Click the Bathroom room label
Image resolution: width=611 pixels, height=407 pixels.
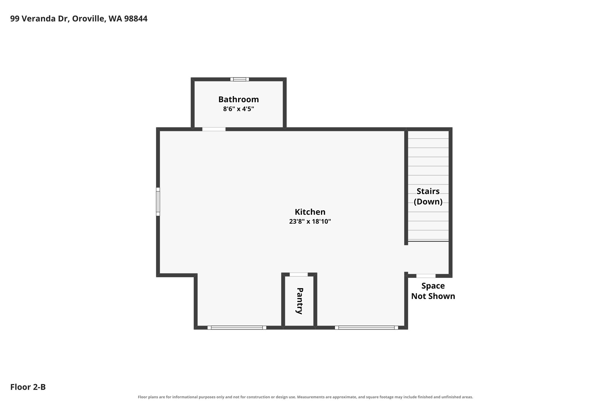tap(239, 99)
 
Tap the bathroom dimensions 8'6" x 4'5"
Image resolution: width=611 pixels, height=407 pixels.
tap(239, 109)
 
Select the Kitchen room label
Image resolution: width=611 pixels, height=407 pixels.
tap(310, 212)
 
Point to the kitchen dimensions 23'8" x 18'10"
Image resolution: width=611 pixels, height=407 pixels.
tap(310, 222)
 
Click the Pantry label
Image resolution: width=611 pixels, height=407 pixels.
tap(300, 301)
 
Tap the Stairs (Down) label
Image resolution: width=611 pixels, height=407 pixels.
tap(428, 196)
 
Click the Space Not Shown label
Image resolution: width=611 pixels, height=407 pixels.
tap(433, 291)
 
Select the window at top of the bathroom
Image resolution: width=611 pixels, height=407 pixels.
tap(240, 79)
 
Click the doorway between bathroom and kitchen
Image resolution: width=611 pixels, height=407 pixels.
tap(214, 129)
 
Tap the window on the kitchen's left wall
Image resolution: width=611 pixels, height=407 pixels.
tap(158, 202)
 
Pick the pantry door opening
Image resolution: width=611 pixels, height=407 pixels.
tap(299, 275)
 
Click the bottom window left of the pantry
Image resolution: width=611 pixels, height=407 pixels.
tap(237, 327)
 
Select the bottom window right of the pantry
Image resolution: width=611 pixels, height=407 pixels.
tap(366, 327)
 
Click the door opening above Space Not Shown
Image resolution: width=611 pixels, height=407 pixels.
tap(426, 276)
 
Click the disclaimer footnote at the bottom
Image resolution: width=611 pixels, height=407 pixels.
tap(305, 397)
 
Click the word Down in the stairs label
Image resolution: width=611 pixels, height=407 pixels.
tap(428, 202)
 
